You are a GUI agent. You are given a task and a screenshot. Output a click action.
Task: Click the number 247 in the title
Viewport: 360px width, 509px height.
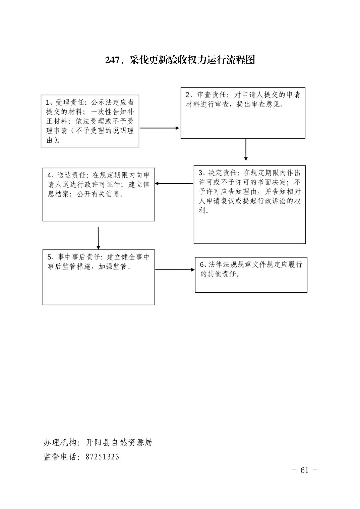112,60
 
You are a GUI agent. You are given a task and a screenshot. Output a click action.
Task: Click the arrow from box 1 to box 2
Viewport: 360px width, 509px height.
160,128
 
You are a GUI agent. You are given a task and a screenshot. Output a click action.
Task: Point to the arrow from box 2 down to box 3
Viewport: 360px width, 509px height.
246,149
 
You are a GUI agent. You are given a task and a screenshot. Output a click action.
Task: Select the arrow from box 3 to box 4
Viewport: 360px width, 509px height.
174,184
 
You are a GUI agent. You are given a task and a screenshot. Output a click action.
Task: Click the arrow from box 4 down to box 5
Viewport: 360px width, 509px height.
98,238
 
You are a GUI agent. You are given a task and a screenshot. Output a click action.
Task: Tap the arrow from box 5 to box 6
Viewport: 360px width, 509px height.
175,270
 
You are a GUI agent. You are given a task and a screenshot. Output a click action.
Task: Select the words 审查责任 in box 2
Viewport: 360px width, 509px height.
212,95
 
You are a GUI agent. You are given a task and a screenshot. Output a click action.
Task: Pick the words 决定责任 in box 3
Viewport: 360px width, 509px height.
223,173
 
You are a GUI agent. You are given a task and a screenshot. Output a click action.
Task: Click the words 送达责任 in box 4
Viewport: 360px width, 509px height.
72,175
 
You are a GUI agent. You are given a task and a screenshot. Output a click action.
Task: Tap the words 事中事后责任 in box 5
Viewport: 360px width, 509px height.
79,257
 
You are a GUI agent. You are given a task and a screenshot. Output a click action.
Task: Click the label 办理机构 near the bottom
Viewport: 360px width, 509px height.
58,442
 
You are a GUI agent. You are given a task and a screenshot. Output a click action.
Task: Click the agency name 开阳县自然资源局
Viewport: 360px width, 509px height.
119,442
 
